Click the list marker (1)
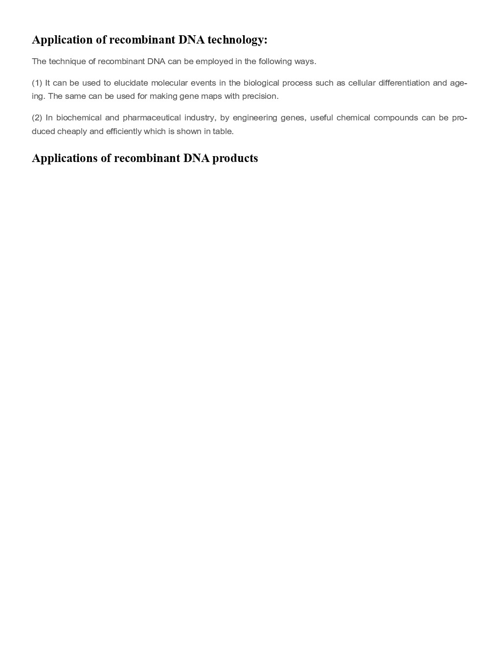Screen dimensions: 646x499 coord(37,83)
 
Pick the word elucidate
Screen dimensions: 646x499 coord(131,83)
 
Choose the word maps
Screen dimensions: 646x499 coord(211,96)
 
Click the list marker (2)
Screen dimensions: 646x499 coord(37,118)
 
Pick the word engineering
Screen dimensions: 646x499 coord(255,118)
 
